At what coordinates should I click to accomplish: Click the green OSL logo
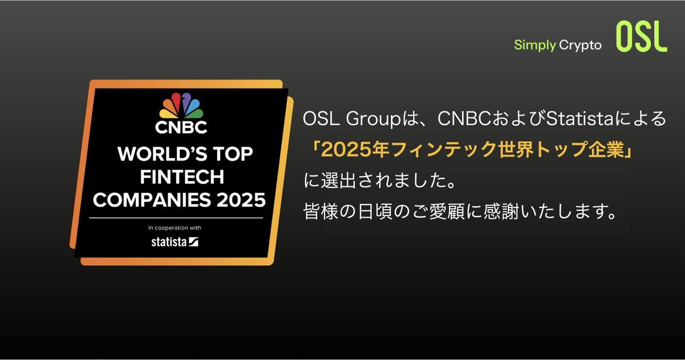click(x=642, y=37)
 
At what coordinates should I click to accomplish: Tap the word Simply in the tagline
click(x=535, y=46)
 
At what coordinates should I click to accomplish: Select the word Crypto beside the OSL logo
click(x=580, y=46)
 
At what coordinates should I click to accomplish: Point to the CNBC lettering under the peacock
click(x=181, y=127)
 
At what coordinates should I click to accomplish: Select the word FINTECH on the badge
click(x=182, y=177)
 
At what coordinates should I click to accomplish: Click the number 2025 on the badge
click(x=241, y=200)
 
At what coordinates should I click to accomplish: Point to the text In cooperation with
click(x=175, y=227)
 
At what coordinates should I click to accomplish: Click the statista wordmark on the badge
click(x=169, y=242)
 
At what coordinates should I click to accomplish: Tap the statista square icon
click(x=194, y=242)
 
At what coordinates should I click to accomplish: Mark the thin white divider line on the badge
click(x=176, y=218)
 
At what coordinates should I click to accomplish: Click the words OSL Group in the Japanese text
click(x=352, y=119)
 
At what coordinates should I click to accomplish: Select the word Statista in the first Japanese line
click(x=580, y=119)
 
